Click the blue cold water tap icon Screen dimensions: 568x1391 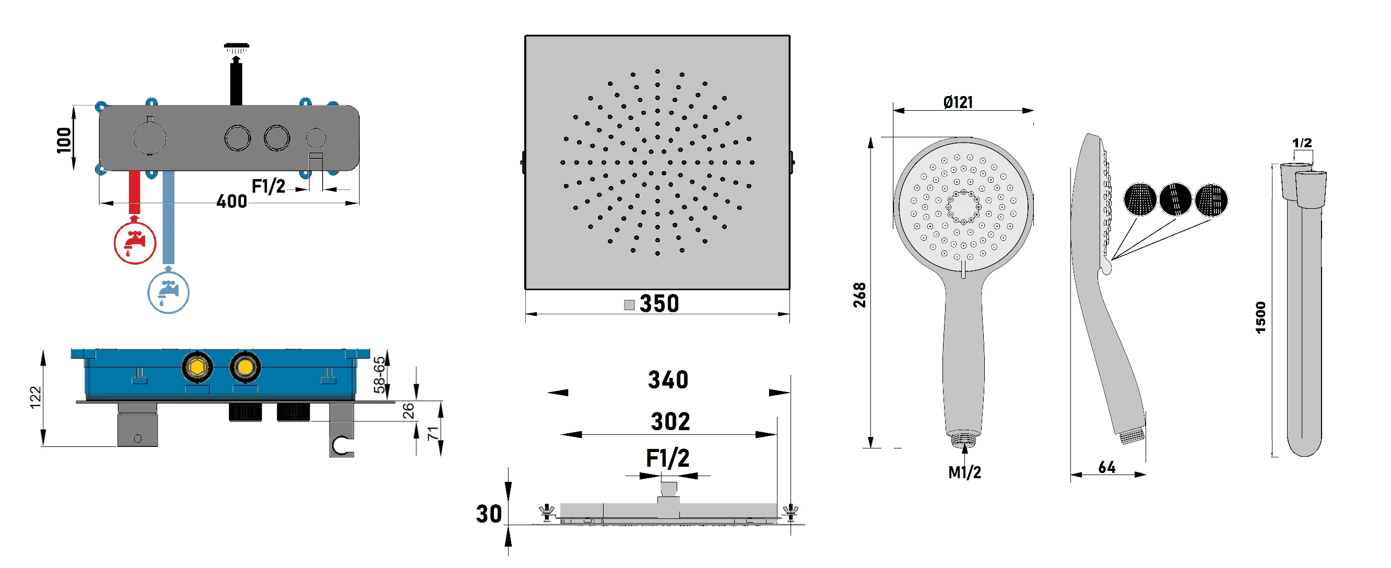tap(168, 292)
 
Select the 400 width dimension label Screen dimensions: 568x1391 tap(232, 202)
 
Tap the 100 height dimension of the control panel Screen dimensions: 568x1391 tap(64, 140)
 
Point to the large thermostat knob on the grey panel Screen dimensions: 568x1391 tap(149, 138)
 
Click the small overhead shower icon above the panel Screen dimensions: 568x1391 tap(236, 49)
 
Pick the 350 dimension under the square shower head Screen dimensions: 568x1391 tap(659, 303)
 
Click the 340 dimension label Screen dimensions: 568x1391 tap(668, 380)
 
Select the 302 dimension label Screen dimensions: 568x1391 tap(670, 422)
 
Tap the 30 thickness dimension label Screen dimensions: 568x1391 tap(489, 514)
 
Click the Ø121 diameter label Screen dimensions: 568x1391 tap(958, 102)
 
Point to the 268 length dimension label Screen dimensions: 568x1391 tap(859, 295)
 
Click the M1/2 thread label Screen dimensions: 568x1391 tap(964, 472)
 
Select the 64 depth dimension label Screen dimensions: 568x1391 tap(1106, 467)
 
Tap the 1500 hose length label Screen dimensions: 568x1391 tap(1260, 317)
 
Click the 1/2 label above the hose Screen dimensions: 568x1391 tap(1301, 143)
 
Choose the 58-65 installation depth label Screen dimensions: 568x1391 tap(380, 374)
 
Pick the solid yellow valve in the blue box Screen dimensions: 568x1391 tap(245, 367)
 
